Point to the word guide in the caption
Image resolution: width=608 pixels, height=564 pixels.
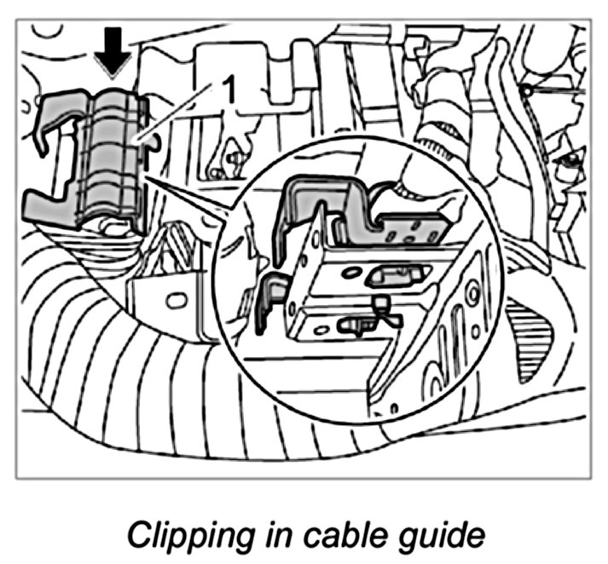click(446, 538)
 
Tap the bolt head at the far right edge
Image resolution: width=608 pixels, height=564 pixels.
click(565, 159)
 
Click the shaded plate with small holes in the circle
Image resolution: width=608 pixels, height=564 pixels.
click(413, 227)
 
